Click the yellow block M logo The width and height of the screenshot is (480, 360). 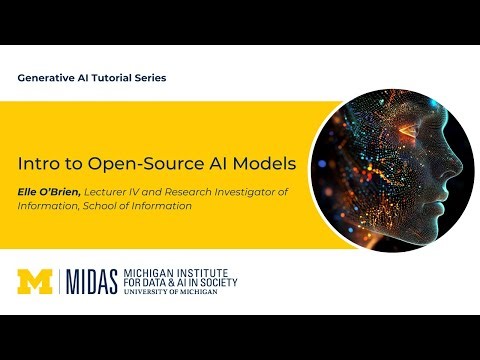coord(37,281)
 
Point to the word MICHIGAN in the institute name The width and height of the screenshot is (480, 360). coord(149,271)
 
